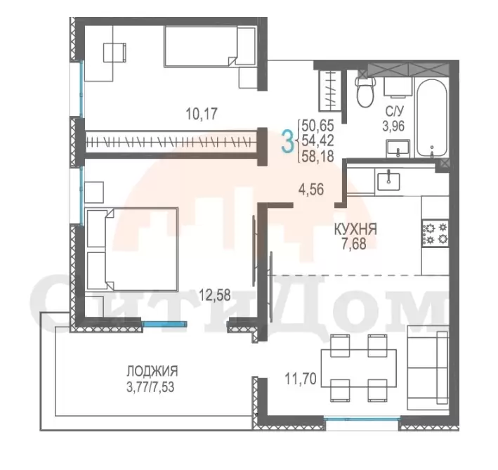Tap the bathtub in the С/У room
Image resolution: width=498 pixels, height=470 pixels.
(x=432, y=117)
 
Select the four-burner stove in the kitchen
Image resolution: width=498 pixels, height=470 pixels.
(x=435, y=233)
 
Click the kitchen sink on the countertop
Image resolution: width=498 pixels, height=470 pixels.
(x=388, y=179)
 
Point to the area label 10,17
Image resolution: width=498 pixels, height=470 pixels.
(x=202, y=114)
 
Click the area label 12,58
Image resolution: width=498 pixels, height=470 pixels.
(x=215, y=295)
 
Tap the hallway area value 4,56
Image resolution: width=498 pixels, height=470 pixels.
(x=311, y=190)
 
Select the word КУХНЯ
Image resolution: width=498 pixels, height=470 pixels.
(x=355, y=229)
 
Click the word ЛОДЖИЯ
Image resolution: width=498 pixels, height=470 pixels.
(x=152, y=371)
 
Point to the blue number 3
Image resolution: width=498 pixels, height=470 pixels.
(x=287, y=143)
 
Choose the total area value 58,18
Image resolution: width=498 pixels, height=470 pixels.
(x=317, y=157)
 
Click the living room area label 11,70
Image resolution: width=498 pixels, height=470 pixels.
(x=301, y=379)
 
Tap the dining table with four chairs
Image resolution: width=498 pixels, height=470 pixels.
(x=359, y=367)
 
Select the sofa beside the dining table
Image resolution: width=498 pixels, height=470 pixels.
(x=428, y=367)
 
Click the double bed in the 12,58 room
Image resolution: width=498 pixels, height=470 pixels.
(x=131, y=249)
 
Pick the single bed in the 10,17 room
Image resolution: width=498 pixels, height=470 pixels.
(x=209, y=46)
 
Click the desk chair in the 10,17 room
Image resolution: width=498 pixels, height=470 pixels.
(x=115, y=53)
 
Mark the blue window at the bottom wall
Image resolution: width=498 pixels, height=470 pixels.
(x=362, y=419)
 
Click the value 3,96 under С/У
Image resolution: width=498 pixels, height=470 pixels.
(x=393, y=126)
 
